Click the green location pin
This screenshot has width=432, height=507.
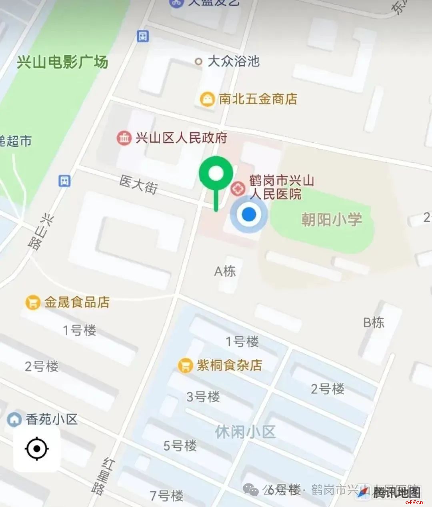(216, 174)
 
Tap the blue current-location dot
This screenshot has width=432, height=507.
(249, 215)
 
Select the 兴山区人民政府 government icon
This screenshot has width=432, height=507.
(124, 138)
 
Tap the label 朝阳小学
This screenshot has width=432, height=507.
(332, 219)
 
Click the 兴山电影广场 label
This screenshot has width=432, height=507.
(62, 62)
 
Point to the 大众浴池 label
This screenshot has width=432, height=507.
(234, 61)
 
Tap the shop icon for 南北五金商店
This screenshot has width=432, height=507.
(207, 99)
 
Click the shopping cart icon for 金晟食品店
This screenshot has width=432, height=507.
(33, 302)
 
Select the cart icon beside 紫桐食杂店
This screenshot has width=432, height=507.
(185, 365)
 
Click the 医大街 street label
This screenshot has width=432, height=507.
(138, 184)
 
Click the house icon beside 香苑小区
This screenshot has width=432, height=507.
(14, 419)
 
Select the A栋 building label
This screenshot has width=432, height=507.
(225, 271)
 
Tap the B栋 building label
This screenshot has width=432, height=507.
(374, 322)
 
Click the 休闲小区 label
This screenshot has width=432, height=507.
(245, 432)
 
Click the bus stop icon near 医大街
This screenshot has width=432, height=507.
(64, 181)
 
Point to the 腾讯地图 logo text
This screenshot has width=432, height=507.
(396, 492)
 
